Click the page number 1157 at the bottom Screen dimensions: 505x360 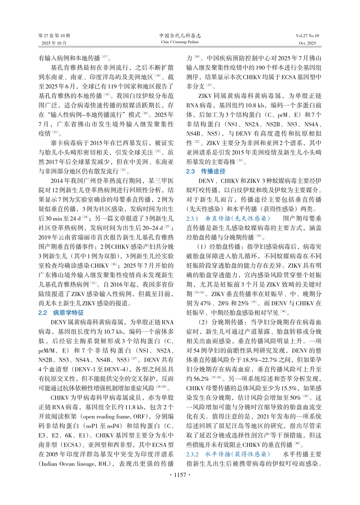pos(180,475)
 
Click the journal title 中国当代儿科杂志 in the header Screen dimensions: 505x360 pos(180,36)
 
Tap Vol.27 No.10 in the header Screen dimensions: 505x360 pos(307,36)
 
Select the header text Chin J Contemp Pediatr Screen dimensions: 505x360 pos(180,42)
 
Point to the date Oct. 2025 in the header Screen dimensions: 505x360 pos(308,43)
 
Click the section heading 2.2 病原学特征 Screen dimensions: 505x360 pos(61,313)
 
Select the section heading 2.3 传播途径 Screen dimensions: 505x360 pos(206,171)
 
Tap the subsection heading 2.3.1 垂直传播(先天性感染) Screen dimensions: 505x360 pos(228,218)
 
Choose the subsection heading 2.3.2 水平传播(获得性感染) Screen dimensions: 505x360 pos(228,454)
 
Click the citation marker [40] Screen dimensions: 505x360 pos(297,444)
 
